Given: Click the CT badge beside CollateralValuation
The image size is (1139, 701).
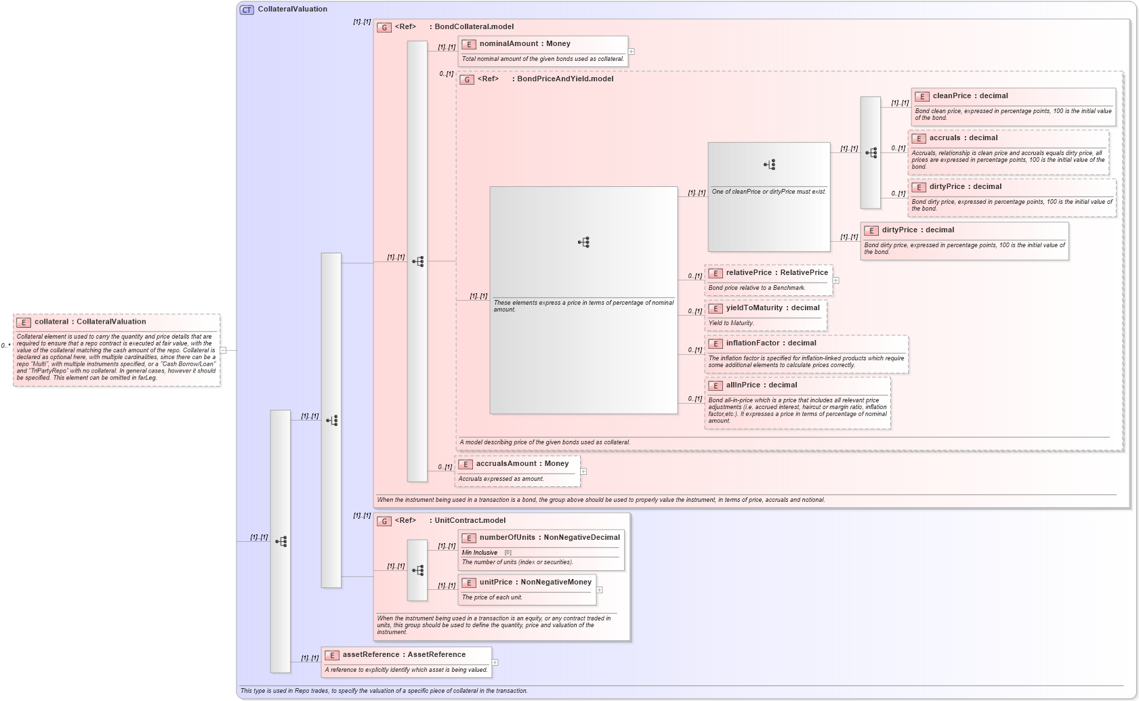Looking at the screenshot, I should [x=247, y=9].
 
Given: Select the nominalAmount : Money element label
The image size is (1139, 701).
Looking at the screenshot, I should [x=524, y=44].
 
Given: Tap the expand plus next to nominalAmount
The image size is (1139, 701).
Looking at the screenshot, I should [x=631, y=51].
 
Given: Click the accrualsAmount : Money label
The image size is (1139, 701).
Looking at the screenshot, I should [x=522, y=464].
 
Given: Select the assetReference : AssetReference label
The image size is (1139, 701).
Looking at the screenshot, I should [x=404, y=655].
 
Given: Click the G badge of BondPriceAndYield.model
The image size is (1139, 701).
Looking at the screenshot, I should [x=467, y=80].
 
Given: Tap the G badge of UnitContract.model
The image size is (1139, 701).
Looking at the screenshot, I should [x=384, y=522].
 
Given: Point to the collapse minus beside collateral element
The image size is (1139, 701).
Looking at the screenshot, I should [x=223, y=350].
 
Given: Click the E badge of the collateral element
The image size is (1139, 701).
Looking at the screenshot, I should [x=24, y=323].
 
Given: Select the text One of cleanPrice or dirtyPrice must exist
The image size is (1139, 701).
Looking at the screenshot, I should [x=768, y=192].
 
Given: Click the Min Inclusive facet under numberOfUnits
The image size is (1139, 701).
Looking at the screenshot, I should [x=480, y=553].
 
